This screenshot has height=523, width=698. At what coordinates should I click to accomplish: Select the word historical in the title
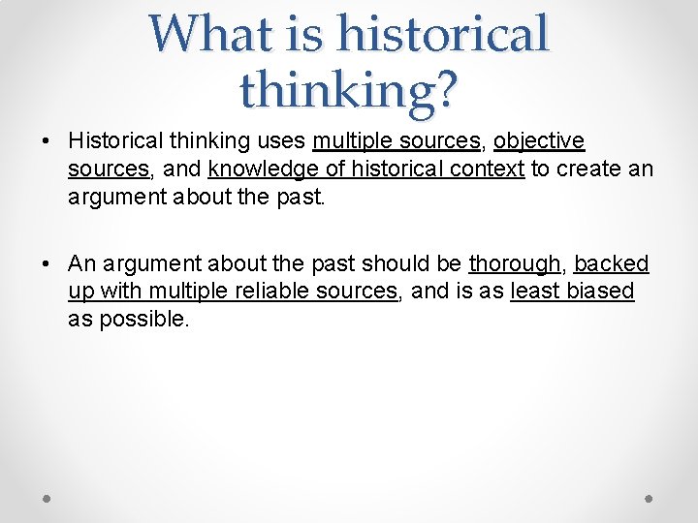[x=442, y=34]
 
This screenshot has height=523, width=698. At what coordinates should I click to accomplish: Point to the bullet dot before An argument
[x=47, y=264]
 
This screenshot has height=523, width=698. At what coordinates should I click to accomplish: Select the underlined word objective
[x=539, y=141]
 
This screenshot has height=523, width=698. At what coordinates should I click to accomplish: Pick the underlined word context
[x=491, y=169]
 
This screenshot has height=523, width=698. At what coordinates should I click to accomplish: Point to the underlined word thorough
[x=514, y=263]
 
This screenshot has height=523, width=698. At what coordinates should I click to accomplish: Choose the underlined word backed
[x=612, y=263]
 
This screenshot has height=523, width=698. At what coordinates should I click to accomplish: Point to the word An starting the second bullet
[x=81, y=263]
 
